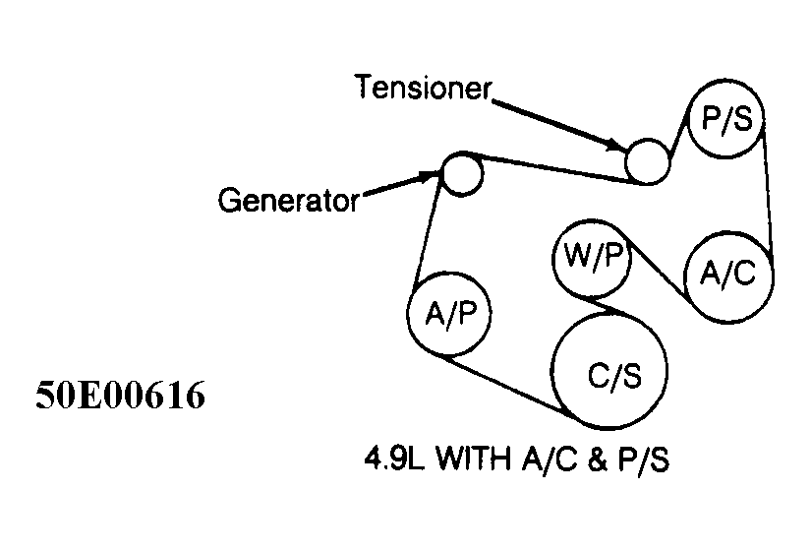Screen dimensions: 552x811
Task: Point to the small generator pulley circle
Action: point(460,173)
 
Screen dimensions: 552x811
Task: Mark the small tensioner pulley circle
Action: point(647,160)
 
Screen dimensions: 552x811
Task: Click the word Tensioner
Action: point(423,89)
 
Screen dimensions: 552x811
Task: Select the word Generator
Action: point(287,202)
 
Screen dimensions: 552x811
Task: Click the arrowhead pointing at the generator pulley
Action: point(431,176)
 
